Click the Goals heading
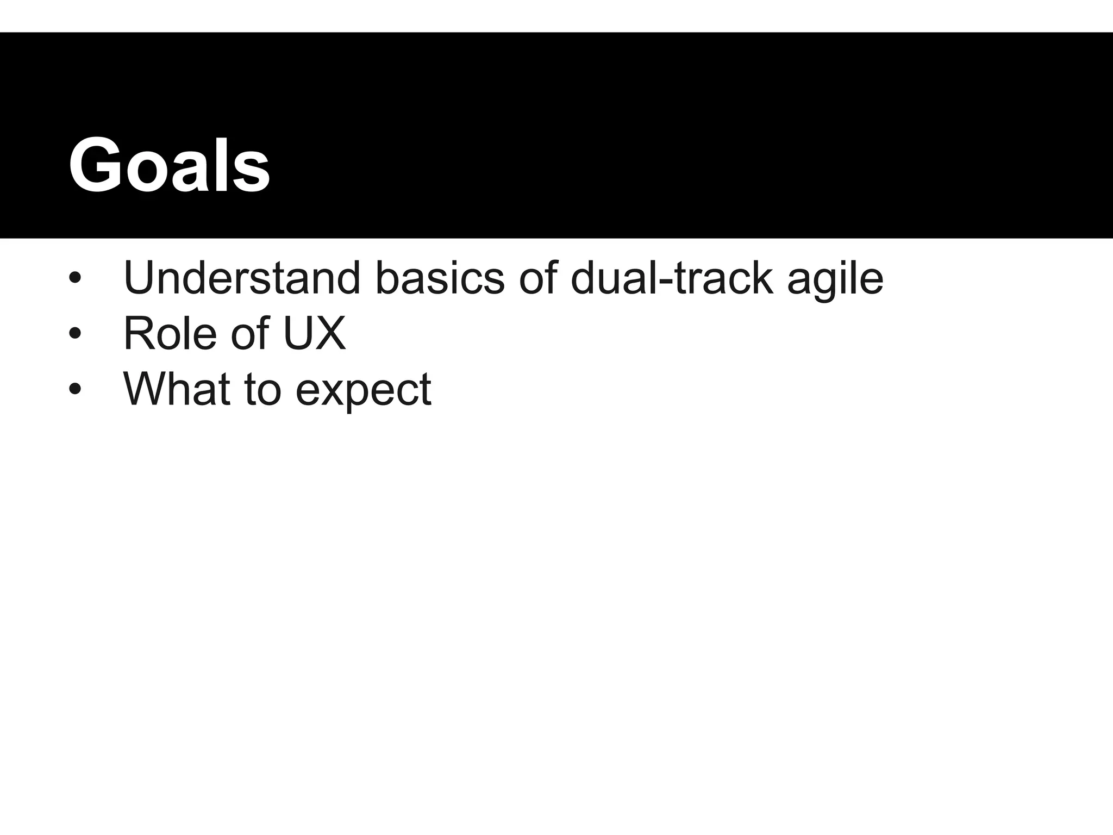(x=169, y=165)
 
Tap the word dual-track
(x=672, y=278)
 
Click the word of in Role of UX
(x=251, y=333)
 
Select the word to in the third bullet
(x=262, y=389)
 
